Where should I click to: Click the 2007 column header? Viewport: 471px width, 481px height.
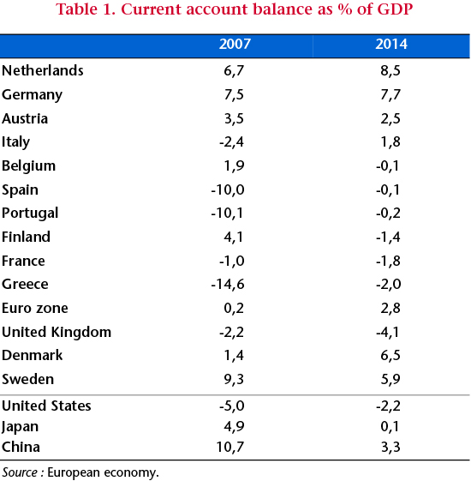pos(235,44)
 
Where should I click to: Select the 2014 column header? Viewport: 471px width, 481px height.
pos(391,44)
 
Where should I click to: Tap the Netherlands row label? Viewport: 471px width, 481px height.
pos(43,70)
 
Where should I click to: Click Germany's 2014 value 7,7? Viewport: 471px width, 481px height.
pos(391,94)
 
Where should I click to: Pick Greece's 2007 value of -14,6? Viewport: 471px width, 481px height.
pos(228,285)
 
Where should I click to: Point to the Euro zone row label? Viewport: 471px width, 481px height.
pos(34,308)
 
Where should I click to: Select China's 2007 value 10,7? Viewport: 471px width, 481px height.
pos(230,447)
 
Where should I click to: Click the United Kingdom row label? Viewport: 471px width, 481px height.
pos(57,332)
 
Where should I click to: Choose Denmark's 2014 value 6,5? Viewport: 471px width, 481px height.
pos(391,355)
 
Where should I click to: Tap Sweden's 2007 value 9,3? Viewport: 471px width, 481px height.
pos(234,379)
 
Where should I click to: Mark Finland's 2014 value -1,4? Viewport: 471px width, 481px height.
pos(388,237)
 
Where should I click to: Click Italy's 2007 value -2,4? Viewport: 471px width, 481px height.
pos(232,141)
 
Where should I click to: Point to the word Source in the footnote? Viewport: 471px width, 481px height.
pos(20,472)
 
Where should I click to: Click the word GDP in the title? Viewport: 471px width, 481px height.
pos(395,9)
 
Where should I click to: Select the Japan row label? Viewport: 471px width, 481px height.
pos(20,427)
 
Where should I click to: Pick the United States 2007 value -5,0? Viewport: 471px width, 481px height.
pos(232,406)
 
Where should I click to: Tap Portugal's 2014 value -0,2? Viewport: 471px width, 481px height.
pos(388,213)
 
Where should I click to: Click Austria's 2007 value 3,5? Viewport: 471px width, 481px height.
pos(234,118)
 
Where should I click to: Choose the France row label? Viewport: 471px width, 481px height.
pos(23,261)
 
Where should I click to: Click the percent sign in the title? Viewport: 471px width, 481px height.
pos(345,9)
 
